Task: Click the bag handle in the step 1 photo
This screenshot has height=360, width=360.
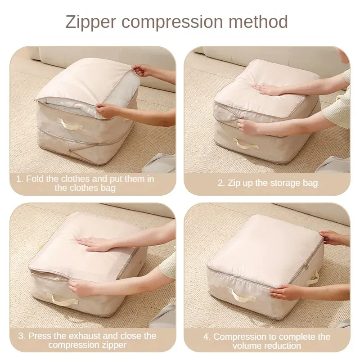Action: tap(70, 124)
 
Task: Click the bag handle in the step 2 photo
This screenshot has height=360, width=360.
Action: tap(245, 143)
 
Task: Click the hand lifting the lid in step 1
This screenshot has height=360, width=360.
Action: tap(141, 70)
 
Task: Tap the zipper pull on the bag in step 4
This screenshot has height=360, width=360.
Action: tap(306, 266)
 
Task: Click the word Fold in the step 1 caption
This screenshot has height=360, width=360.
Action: tap(35, 179)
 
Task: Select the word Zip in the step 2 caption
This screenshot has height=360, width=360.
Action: tap(234, 183)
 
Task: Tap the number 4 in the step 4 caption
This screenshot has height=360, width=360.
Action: tap(206, 337)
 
